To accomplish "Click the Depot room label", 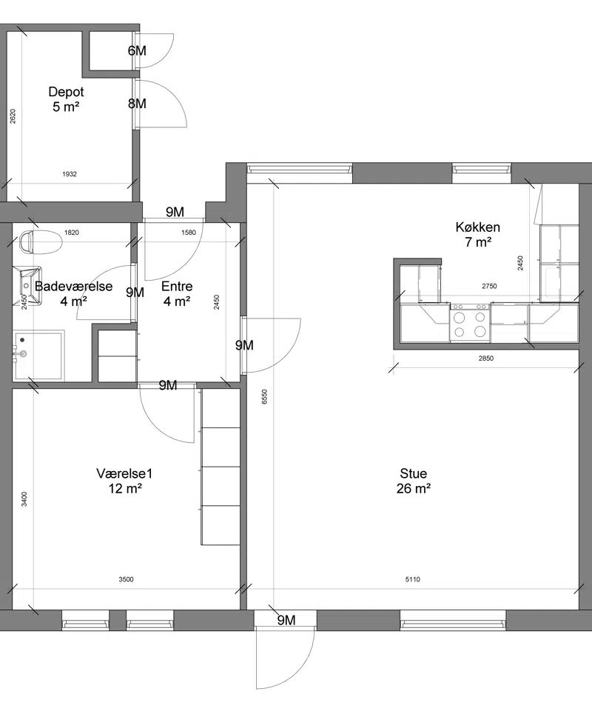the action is (x=66, y=99).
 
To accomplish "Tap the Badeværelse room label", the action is (x=74, y=293).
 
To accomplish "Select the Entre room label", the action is (x=177, y=293).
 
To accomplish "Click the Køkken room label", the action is (x=478, y=234).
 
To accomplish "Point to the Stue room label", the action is (x=414, y=481).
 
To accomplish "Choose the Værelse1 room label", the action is (x=124, y=481).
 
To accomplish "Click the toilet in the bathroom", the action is (x=41, y=241).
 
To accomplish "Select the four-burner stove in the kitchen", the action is (x=470, y=322).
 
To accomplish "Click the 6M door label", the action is (x=137, y=50).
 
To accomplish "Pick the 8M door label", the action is (x=137, y=104).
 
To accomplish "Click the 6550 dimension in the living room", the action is (x=265, y=396).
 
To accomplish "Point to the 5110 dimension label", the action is (x=413, y=579).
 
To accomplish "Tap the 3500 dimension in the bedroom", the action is (x=126, y=579).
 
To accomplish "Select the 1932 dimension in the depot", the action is (x=69, y=174).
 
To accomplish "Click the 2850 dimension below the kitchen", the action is (x=486, y=358).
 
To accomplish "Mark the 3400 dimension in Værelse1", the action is (x=24, y=499).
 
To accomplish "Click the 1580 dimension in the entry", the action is (x=189, y=233).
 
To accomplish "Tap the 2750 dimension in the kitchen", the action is (x=489, y=286).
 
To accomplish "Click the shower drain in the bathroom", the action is (x=22, y=340).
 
